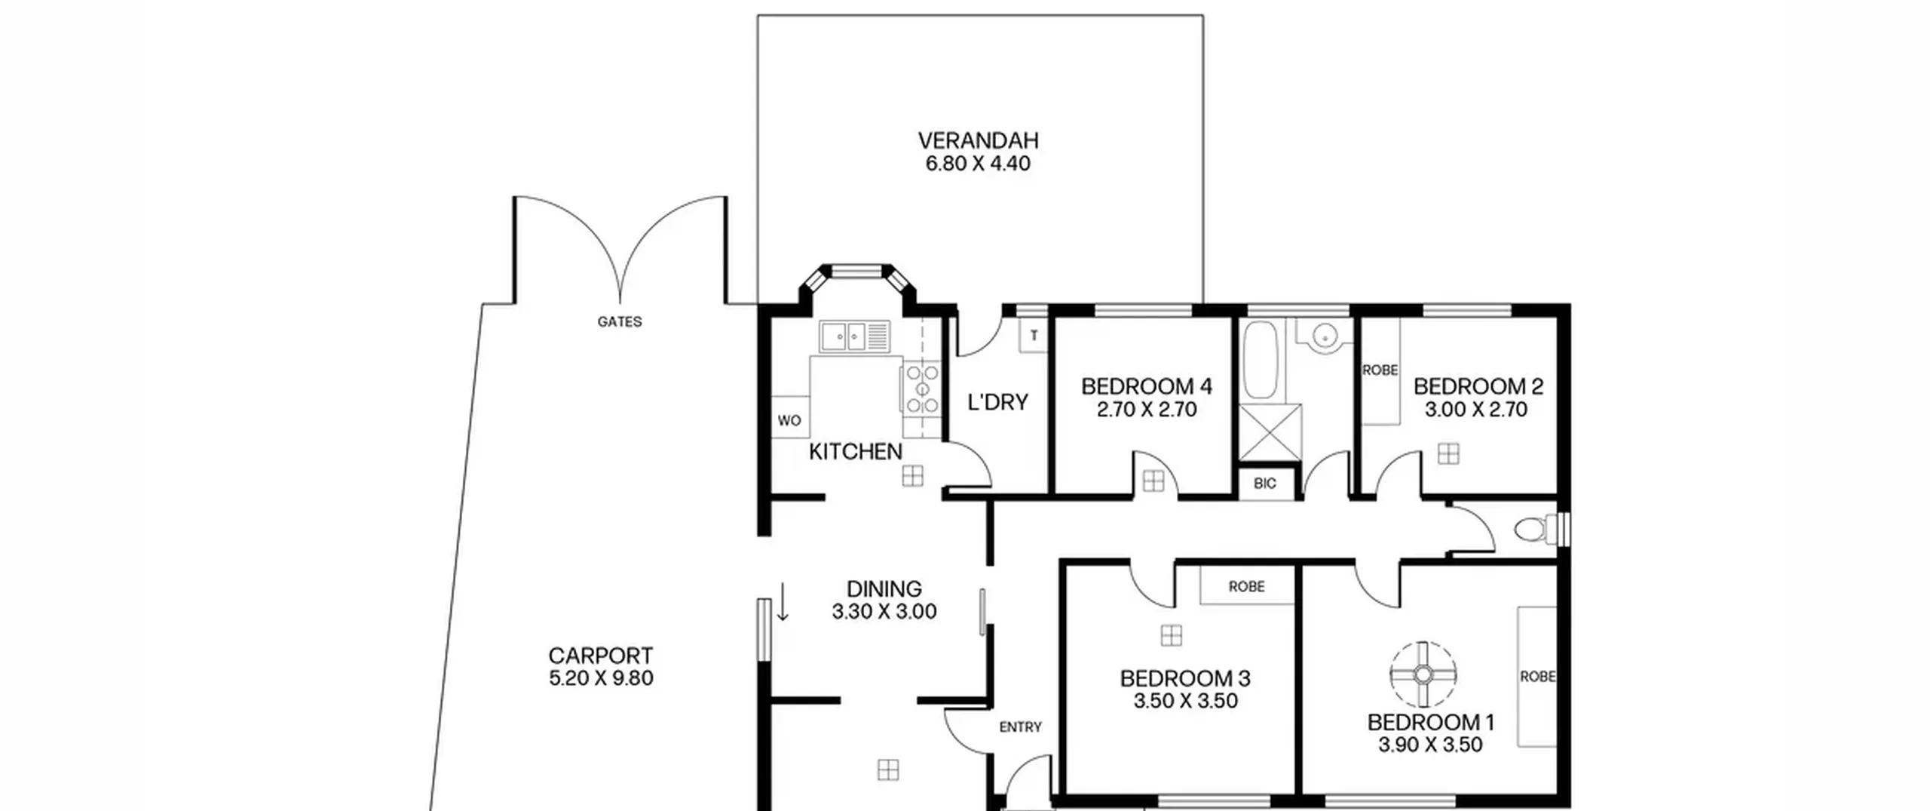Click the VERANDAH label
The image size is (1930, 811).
(x=978, y=140)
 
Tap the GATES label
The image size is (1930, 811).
(x=620, y=322)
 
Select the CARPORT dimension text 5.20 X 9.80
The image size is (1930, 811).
(x=601, y=678)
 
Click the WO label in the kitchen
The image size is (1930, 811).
(x=789, y=421)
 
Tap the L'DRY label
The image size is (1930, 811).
(x=998, y=403)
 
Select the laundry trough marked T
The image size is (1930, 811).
(x=1034, y=335)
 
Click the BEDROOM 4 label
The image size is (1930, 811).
(x=1147, y=387)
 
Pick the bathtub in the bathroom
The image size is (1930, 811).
(x=1259, y=359)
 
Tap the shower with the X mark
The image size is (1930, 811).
(x=1270, y=432)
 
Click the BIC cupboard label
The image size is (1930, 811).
(x=1265, y=484)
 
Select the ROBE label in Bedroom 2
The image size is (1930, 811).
(x=1380, y=370)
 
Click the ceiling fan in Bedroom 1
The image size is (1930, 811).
(x=1423, y=674)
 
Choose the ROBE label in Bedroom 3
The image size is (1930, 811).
(x=1247, y=586)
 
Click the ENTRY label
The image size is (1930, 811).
(x=1021, y=727)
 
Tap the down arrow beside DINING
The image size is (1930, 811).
(x=783, y=601)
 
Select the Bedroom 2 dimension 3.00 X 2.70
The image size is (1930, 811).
(x=1476, y=410)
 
